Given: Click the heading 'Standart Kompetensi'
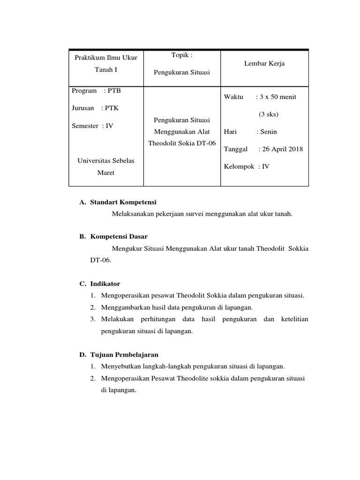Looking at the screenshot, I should (x=123, y=202).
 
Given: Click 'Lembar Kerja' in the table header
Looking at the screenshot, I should (x=264, y=64).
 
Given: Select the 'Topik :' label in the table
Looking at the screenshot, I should (x=182, y=55).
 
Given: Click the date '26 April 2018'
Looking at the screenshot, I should (x=282, y=149).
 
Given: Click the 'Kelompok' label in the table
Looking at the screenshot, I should (x=239, y=166).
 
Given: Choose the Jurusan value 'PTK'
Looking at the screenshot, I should (x=112, y=108).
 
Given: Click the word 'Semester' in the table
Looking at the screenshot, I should (x=85, y=126).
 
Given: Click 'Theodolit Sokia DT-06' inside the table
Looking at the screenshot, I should (x=182, y=143).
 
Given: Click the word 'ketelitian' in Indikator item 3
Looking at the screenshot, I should (x=294, y=319).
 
